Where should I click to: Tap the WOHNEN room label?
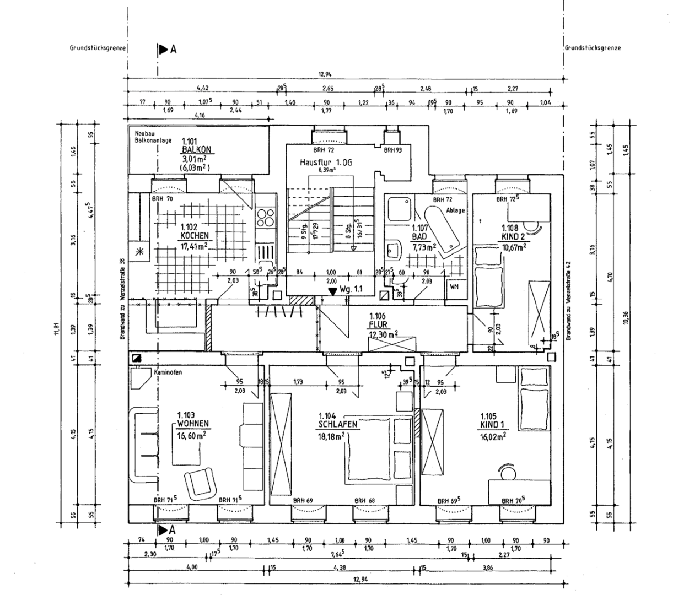[x=193, y=424]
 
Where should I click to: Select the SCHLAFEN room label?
[x=337, y=425]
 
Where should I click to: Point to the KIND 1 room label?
[x=492, y=425]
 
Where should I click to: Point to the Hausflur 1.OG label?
[x=325, y=163]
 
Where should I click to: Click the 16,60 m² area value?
[x=191, y=435]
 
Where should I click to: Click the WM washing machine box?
[x=454, y=286]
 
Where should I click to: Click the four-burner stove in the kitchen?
[x=265, y=218]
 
